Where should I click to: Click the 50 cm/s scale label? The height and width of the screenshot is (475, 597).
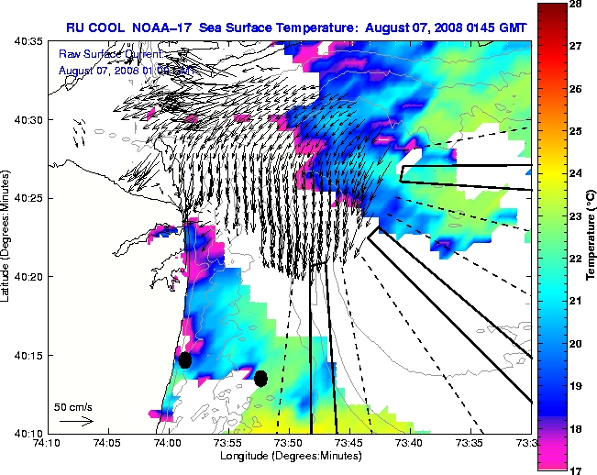click(x=72, y=405)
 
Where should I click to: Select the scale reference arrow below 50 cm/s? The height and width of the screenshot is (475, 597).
click(x=76, y=421)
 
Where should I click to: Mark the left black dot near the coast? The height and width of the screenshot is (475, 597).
click(x=184, y=359)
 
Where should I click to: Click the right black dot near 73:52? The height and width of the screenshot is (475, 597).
click(x=260, y=378)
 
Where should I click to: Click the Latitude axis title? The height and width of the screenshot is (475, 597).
click(x=7, y=237)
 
